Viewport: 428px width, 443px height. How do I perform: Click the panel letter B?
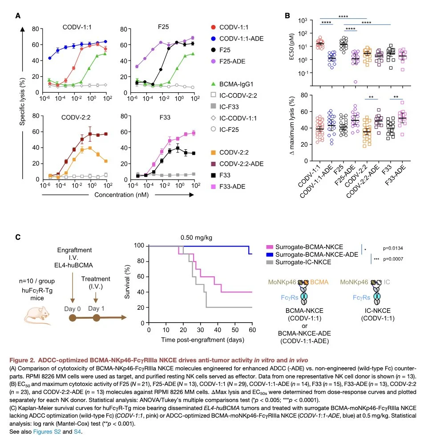click(x=287, y=15)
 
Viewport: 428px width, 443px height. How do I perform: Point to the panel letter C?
click(x=18, y=237)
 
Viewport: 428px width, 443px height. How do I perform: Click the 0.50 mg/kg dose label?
click(x=198, y=238)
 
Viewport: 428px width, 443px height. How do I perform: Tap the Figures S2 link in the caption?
click(x=46, y=431)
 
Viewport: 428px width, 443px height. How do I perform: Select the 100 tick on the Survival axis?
click(x=140, y=246)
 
